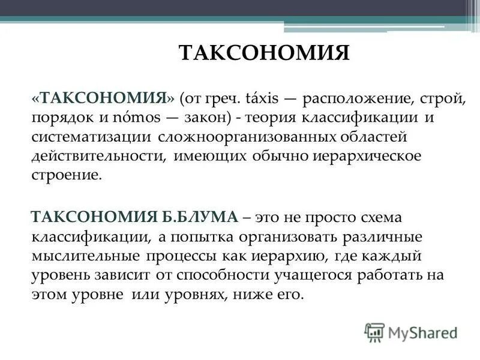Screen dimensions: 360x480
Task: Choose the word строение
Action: click(x=67, y=176)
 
